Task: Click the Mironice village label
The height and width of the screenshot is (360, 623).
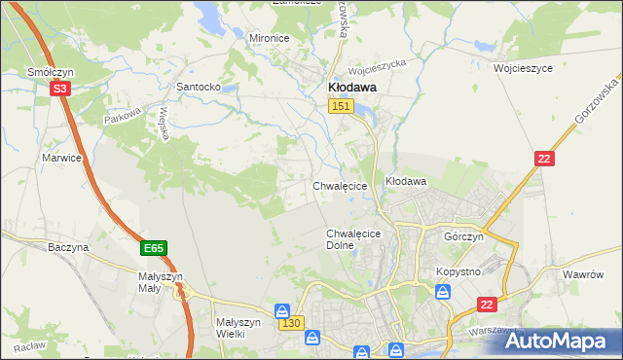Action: pos(270,38)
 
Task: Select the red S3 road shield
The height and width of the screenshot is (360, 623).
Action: pos(60,89)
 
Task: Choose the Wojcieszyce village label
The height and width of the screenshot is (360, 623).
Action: pos(523,69)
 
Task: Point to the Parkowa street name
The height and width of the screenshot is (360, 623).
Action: pos(124,117)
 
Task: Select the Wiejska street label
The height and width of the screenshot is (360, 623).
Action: pos(165,124)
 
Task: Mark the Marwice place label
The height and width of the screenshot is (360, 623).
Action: pos(60,157)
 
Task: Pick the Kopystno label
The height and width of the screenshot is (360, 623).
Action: pos(458,271)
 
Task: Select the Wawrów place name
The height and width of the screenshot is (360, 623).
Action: pos(584,274)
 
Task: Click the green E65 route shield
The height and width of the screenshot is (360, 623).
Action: pos(153,249)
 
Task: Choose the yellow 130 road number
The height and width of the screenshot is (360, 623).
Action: pos(291,322)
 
